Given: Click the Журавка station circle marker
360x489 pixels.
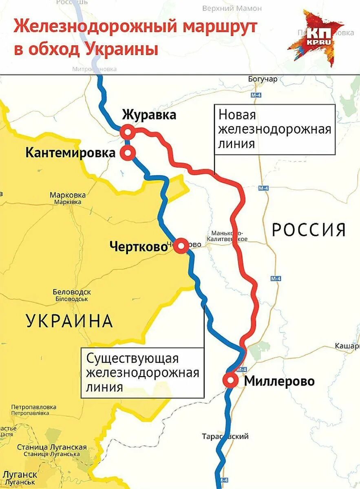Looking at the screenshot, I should click(128, 132).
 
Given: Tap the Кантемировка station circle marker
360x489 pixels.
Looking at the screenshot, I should click(128, 153).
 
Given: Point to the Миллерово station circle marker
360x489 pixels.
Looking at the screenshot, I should click(230, 380).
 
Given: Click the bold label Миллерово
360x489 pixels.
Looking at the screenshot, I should click(279, 381).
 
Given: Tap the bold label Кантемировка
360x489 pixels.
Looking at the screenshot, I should click(71, 153).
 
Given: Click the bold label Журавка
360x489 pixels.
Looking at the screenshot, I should click(149, 115).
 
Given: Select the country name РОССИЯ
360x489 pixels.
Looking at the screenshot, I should click(309, 230).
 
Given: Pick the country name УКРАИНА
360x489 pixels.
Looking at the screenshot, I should click(69, 321).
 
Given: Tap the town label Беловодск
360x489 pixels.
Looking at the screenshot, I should click(72, 292).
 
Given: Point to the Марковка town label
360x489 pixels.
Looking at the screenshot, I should click(68, 195).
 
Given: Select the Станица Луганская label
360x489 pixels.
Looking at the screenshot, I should click(52, 447).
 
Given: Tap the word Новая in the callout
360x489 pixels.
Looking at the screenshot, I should click(237, 115).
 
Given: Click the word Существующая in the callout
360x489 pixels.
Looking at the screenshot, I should click(133, 359).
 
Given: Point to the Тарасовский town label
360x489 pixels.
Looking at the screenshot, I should click(225, 436).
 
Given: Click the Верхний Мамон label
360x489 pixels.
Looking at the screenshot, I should click(232, 8).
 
